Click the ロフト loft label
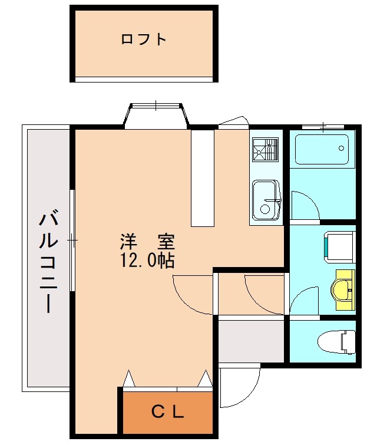pos(144,40)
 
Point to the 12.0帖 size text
pos(147,260)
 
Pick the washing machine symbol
pos(339,245)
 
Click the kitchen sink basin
pos(267,200)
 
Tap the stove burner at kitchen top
pos(265,150)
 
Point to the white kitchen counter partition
pos(202,177)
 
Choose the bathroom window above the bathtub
pos(322,126)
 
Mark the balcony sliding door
pos(72,240)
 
